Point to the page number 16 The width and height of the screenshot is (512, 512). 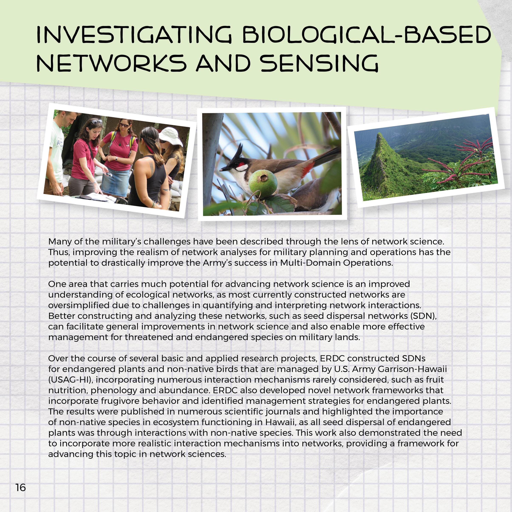(x=21, y=487)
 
